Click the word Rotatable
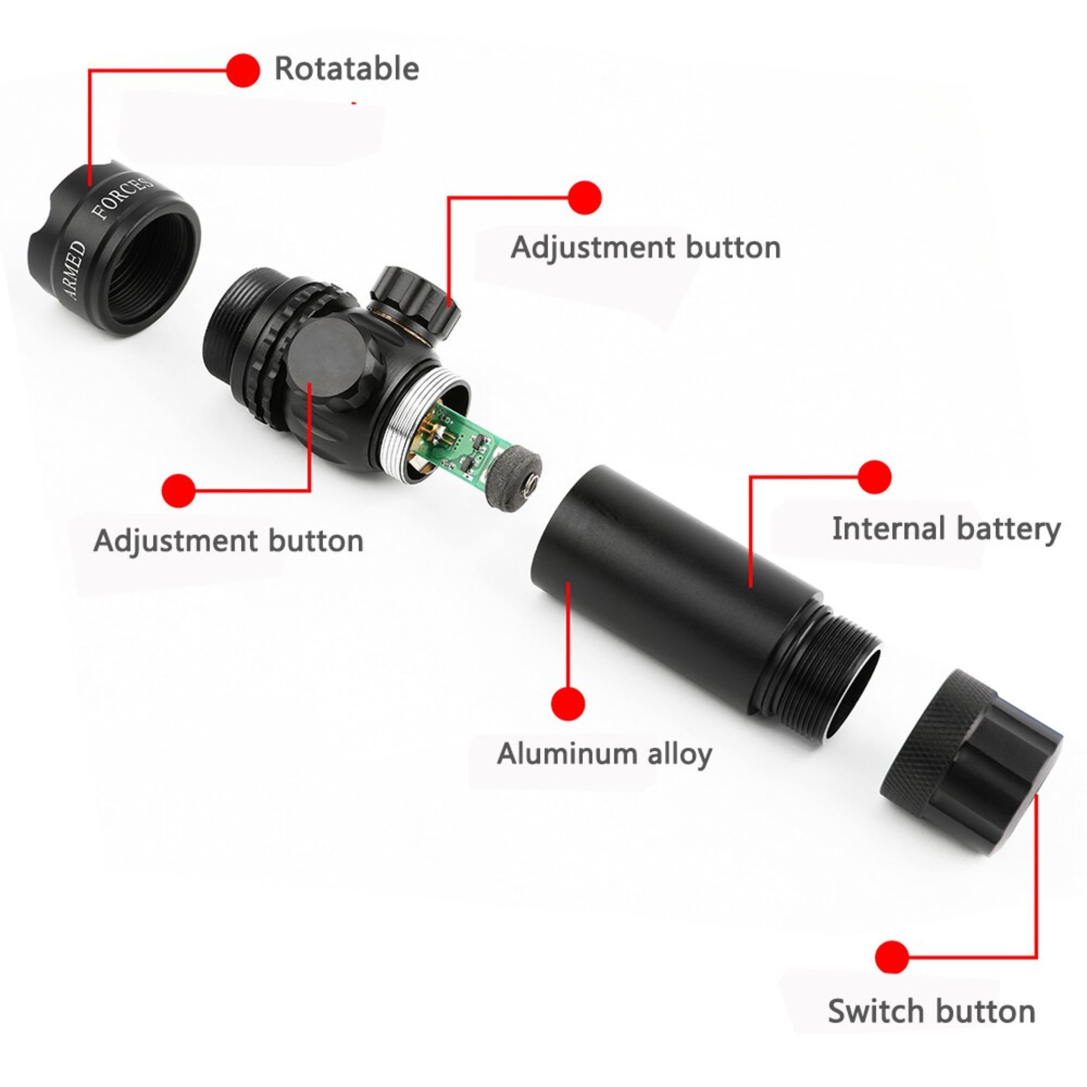pos(347,68)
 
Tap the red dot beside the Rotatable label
pos(243,70)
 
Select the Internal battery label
pos(946,529)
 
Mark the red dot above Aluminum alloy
pos(568,703)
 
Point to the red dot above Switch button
pos(892,957)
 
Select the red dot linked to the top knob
pos(585,197)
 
